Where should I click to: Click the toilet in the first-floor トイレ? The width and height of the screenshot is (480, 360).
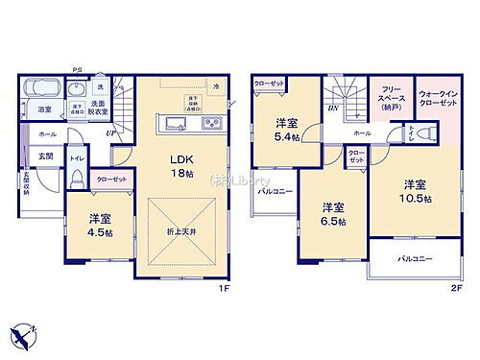click(77, 180)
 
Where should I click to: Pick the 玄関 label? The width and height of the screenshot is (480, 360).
click(45, 155)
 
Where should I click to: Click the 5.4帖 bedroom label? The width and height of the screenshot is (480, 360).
click(286, 129)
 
